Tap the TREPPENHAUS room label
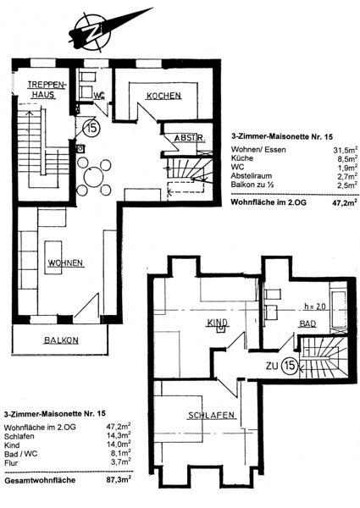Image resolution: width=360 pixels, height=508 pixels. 47,90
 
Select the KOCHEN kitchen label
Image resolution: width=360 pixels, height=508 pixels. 163,96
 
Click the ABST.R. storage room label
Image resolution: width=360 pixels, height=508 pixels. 190,138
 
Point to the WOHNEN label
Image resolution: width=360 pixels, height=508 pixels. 66,262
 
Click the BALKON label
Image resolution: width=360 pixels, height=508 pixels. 61,340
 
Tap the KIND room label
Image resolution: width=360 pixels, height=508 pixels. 218,323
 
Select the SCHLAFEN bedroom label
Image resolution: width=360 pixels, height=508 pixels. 211,415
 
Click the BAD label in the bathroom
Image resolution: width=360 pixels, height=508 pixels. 307,323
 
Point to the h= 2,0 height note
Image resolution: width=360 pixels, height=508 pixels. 315,306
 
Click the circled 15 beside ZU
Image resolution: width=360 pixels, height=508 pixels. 289,366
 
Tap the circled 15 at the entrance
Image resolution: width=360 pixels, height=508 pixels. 91,128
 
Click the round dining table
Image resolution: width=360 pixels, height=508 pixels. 94,177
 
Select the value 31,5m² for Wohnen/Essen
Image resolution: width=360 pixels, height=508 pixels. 346,150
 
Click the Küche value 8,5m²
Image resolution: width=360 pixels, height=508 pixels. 347,158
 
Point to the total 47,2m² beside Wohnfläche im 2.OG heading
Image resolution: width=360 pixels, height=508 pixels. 346,202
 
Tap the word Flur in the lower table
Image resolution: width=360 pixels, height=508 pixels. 11,463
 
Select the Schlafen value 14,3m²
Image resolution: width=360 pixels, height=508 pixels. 119,436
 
